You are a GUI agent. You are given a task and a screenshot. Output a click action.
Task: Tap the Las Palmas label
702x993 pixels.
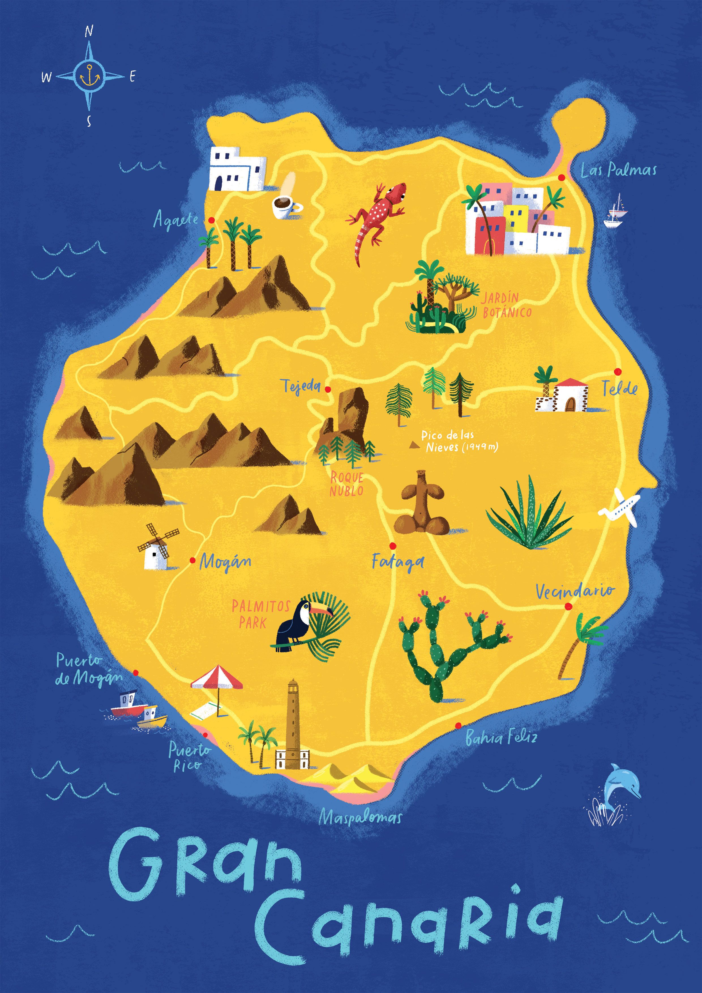pos(618,170)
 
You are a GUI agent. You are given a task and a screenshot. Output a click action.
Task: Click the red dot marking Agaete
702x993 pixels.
pos(211,220)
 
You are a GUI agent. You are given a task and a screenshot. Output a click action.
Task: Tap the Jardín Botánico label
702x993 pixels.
pos(506,305)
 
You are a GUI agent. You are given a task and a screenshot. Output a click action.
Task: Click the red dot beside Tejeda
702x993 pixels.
pos(328,389)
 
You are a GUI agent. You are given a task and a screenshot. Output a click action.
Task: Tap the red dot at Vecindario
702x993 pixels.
pos(568,606)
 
